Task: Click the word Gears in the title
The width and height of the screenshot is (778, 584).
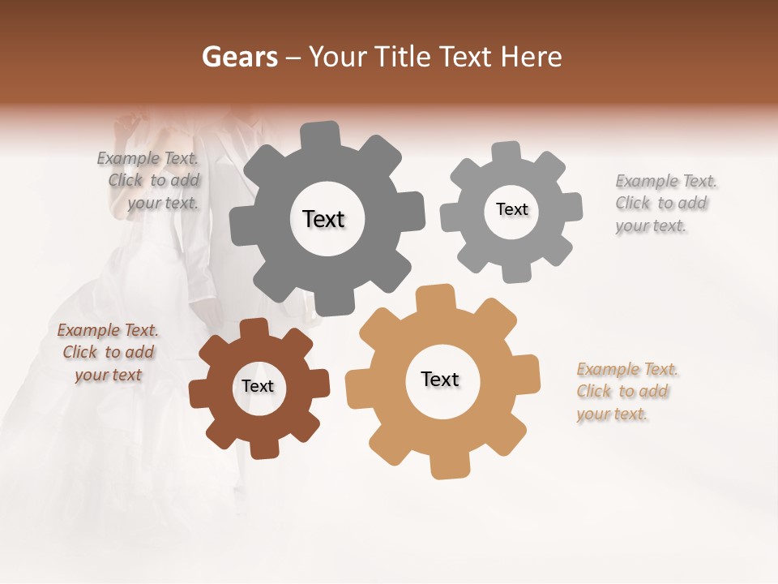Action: [x=239, y=57]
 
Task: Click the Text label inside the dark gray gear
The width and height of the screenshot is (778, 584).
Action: [x=323, y=219]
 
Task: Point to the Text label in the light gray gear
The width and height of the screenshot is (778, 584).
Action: [x=511, y=209]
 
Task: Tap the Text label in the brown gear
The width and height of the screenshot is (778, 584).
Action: [x=258, y=386]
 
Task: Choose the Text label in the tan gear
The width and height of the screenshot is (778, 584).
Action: [x=440, y=379]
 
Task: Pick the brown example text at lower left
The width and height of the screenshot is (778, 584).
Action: [x=108, y=352]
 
